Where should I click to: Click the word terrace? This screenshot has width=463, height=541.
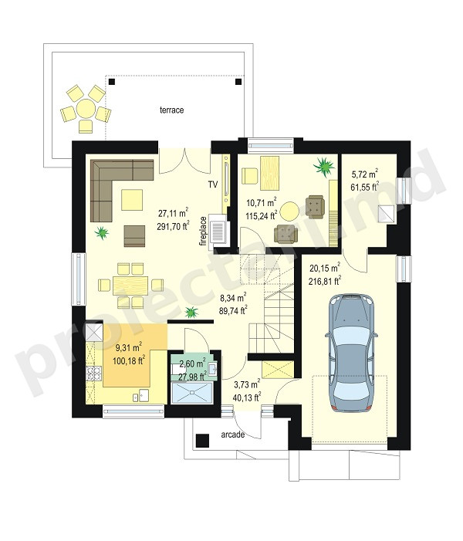point(171,110)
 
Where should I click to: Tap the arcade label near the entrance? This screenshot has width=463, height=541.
point(233,434)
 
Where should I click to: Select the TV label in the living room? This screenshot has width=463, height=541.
point(213,184)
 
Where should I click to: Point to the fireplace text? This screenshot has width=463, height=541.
point(203,231)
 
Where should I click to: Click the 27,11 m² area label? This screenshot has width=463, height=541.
point(174,213)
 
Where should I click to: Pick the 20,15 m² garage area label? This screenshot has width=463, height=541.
point(325,268)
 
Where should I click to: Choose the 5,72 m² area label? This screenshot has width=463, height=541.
point(365,173)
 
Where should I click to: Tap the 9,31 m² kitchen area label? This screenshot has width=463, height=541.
point(127,347)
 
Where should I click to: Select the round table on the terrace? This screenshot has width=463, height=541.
point(86,109)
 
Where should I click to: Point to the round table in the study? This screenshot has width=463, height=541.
point(289,211)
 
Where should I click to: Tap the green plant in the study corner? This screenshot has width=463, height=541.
point(324,167)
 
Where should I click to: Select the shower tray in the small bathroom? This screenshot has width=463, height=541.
point(192,393)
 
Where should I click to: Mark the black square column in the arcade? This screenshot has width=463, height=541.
point(202,441)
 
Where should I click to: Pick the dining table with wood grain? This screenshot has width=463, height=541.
point(130,285)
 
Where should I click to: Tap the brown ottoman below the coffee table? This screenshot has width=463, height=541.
point(134,236)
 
